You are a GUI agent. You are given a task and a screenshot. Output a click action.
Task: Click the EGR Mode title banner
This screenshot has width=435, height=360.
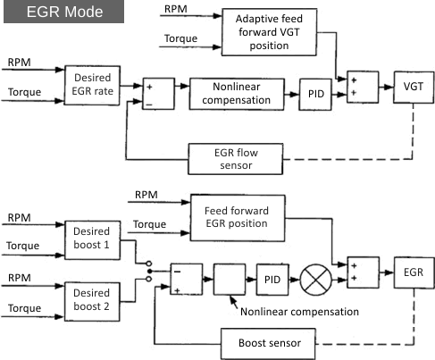click(x=63, y=12)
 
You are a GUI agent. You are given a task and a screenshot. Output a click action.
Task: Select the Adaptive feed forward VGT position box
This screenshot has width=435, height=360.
click(x=269, y=32)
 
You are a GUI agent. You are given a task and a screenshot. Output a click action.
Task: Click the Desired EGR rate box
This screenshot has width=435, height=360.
click(x=92, y=86)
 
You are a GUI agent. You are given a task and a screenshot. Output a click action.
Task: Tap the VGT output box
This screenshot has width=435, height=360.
click(x=414, y=87)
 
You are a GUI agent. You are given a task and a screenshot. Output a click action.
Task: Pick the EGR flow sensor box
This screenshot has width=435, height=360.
click(x=236, y=159)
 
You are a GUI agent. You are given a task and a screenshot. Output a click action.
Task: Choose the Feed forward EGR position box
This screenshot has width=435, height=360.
click(x=238, y=218)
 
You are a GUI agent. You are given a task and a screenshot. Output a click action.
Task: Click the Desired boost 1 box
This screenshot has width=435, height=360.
click(x=92, y=240)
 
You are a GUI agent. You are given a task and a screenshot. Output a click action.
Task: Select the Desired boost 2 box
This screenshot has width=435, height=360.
click(x=92, y=302)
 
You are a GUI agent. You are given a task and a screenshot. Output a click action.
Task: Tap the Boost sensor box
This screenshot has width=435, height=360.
click(x=268, y=344)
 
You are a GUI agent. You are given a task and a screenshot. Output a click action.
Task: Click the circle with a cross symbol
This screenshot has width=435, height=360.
click(x=315, y=280)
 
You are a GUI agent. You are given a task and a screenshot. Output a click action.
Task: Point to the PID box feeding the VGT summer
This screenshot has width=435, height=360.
click(x=315, y=95)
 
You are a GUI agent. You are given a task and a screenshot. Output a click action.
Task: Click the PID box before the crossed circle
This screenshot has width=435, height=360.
click(x=272, y=280)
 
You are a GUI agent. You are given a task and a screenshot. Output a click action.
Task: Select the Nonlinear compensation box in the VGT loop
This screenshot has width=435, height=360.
click(x=237, y=94)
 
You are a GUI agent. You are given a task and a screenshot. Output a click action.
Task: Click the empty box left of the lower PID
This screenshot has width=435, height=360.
click(x=230, y=280)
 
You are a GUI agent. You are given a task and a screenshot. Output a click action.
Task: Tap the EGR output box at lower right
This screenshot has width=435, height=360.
click(x=414, y=272)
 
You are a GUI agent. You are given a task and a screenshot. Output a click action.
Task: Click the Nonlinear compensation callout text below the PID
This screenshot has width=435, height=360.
click(x=299, y=312)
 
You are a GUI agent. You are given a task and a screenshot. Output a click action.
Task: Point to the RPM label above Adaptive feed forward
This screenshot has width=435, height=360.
click(x=176, y=9)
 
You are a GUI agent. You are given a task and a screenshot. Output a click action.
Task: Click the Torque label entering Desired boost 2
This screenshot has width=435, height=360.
click(x=24, y=308)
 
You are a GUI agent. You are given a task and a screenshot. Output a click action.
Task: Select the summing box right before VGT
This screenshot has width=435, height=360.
click(x=363, y=87)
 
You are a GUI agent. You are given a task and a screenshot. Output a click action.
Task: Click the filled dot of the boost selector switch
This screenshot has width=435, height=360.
click(x=150, y=272)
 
